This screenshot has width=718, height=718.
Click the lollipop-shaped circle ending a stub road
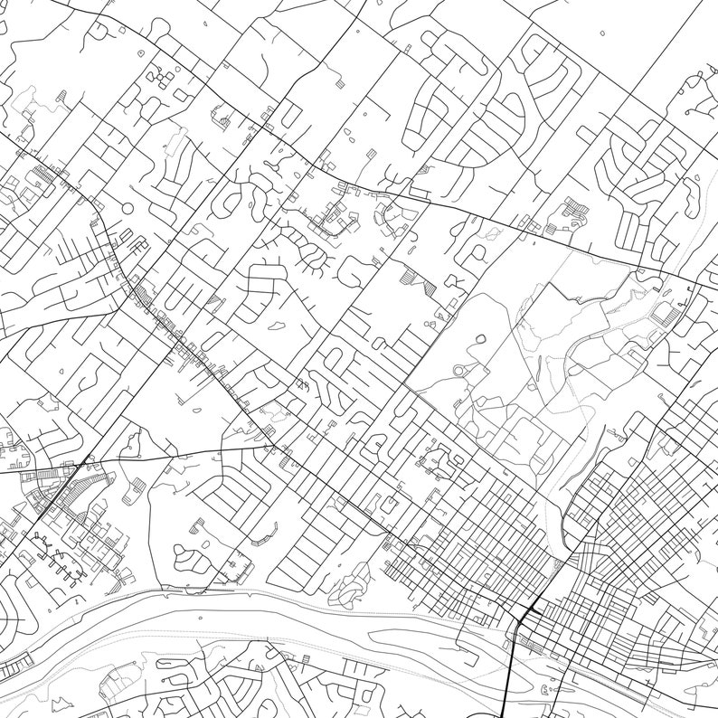point(127,209)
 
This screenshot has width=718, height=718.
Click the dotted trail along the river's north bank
point(362,601)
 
